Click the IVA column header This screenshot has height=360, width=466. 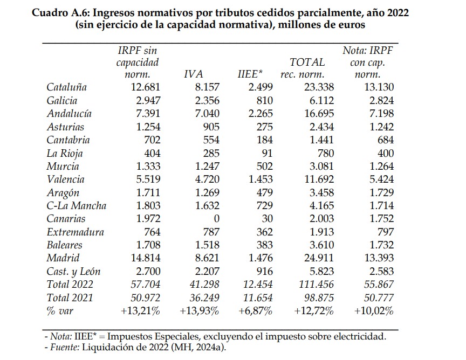click(x=193, y=74)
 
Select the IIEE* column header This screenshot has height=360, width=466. click(x=250, y=74)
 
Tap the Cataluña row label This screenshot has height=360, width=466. click(x=67, y=87)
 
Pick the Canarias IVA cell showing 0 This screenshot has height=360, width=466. click(x=216, y=219)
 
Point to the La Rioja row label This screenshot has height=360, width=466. click(x=64, y=153)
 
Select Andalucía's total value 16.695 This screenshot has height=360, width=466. click(x=313, y=114)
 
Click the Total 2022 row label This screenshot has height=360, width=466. click(x=70, y=285)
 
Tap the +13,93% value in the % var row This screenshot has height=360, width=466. click(x=199, y=311)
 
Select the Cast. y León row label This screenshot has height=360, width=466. click(x=74, y=272)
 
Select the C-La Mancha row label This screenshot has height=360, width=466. click(x=77, y=206)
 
